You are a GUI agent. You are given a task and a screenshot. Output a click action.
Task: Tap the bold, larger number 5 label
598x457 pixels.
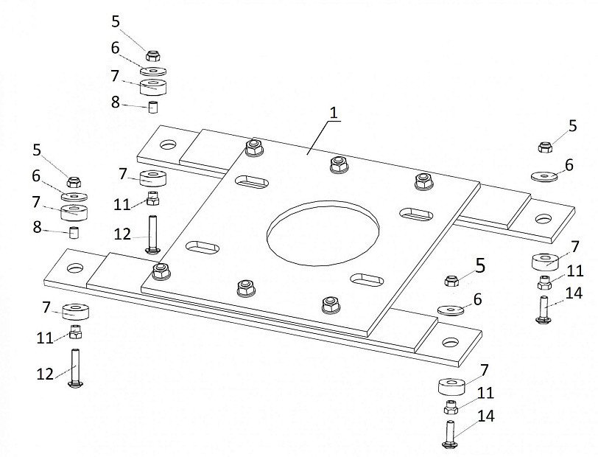[480, 266]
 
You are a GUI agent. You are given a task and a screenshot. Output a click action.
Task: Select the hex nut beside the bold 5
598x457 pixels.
[451, 279]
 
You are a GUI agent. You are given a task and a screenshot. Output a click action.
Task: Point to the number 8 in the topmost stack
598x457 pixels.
[115, 102]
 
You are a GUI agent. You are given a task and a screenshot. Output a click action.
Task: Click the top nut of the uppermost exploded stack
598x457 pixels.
[152, 55]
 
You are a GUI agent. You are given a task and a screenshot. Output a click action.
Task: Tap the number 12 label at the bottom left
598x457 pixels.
[45, 374]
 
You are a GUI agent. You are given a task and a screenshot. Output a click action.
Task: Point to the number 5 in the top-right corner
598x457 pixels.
[572, 125]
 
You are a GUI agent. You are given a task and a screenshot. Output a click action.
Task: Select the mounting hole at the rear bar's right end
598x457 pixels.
[543, 218]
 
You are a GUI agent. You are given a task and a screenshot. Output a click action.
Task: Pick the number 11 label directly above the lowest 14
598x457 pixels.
[485, 393]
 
